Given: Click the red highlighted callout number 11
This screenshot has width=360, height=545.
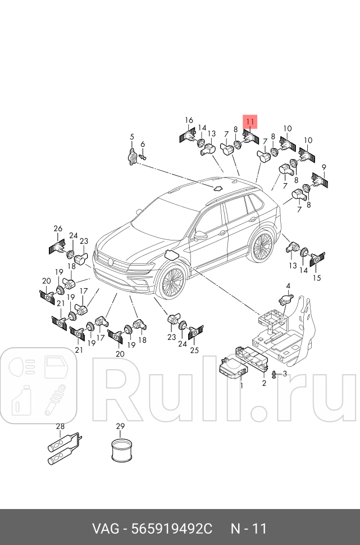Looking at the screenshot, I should pyautogui.click(x=250, y=121).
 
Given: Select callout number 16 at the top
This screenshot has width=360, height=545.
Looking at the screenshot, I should pyautogui.click(x=189, y=120).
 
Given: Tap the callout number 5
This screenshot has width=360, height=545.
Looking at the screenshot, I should pyautogui.click(x=132, y=137).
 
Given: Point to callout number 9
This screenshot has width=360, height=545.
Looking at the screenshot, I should pyautogui.click(x=323, y=167).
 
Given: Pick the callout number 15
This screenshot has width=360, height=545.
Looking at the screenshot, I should pyautogui.click(x=317, y=278).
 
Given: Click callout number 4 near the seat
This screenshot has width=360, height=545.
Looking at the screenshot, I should pyautogui.click(x=288, y=286).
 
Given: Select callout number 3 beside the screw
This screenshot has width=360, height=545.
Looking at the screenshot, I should pyautogui.click(x=285, y=374).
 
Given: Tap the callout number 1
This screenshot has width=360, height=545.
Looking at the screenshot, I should pyautogui.click(x=241, y=386).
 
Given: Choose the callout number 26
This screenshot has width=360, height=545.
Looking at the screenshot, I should pyautogui.click(x=58, y=228).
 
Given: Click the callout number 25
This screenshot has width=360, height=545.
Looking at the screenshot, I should pyautogui.click(x=194, y=351).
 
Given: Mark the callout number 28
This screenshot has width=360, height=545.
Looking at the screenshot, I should pyautogui.click(x=60, y=426).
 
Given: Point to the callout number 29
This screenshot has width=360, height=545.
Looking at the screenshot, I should pyautogui.click(x=120, y=426).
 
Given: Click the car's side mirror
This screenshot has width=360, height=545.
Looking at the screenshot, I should pyautogui.click(x=200, y=234).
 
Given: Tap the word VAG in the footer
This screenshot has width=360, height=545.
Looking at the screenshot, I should pyautogui.click(x=106, y=529).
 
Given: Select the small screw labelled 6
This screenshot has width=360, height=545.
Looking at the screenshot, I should pyautogui.click(x=142, y=158).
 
